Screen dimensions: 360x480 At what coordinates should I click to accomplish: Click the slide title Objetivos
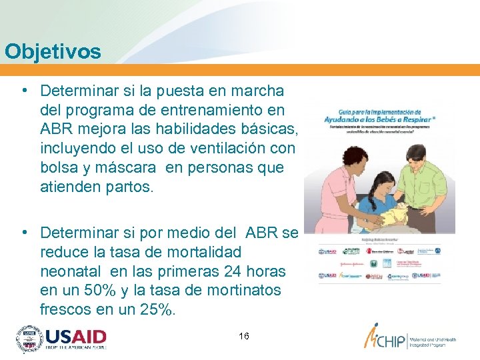click(x=53, y=51)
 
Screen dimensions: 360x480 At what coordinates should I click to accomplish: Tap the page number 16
click(x=244, y=336)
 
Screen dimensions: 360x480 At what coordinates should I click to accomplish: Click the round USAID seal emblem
click(x=29, y=339)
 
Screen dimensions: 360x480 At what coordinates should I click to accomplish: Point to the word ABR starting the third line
click(x=57, y=129)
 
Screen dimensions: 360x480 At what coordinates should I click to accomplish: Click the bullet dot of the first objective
click(x=24, y=90)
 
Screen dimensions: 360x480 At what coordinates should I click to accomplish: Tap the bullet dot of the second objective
click(x=24, y=233)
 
